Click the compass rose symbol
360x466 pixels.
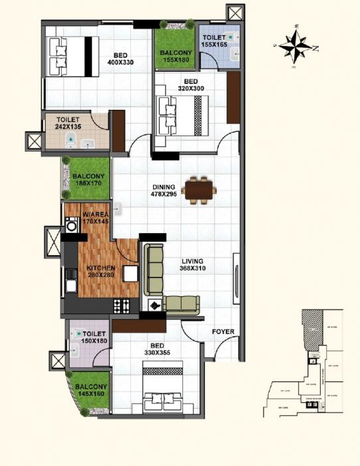tap(297, 46)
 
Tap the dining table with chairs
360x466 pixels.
tap(199, 189)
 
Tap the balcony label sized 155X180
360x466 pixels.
tap(175, 53)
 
